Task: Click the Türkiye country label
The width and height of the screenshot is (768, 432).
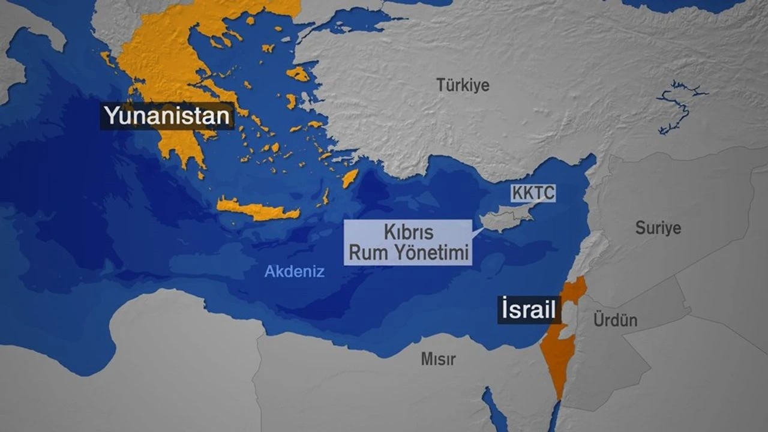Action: (x=463, y=85)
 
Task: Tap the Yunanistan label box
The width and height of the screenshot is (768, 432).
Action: (x=167, y=115)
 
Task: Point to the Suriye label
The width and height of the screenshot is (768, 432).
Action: (x=658, y=228)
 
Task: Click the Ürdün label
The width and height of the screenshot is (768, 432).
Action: (x=615, y=320)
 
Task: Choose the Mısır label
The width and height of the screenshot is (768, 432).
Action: (x=438, y=359)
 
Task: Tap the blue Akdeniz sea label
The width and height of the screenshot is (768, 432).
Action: (x=295, y=271)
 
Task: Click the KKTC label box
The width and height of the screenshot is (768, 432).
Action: (x=533, y=193)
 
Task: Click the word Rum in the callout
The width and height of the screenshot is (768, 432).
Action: (x=364, y=254)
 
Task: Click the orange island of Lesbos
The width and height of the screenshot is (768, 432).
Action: (x=298, y=74)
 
